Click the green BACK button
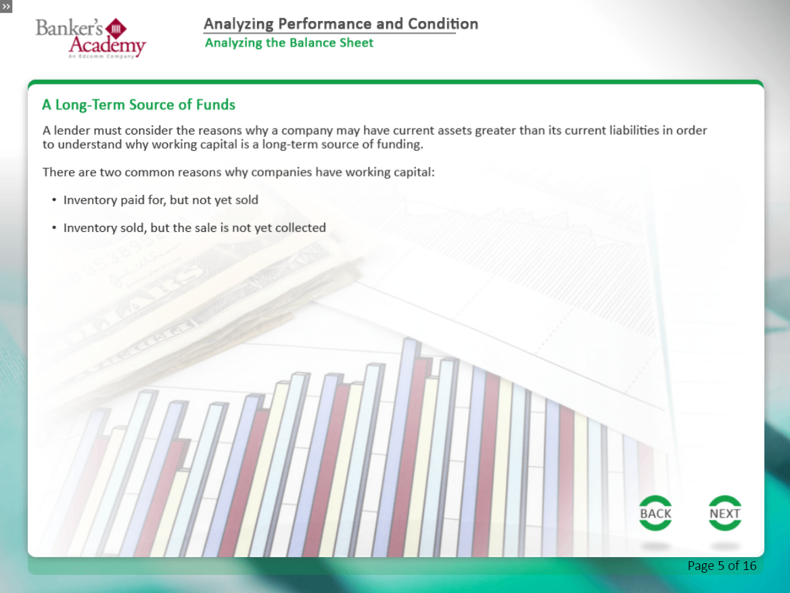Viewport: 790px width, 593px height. (655, 513)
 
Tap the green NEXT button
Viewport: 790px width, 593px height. (724, 513)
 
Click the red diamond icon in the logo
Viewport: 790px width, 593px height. (116, 28)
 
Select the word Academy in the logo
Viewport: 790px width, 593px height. (108, 45)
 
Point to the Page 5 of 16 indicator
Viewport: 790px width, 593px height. (722, 566)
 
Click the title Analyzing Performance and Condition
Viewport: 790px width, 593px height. (341, 24)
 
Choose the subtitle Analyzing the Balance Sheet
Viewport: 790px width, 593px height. (289, 43)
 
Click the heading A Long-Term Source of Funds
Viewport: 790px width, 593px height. (139, 104)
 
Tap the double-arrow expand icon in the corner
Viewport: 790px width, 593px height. (6, 7)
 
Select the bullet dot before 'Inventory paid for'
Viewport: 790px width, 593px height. (54, 200)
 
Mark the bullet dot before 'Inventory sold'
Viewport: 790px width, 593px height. (54, 228)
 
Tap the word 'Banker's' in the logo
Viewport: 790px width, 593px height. (69, 28)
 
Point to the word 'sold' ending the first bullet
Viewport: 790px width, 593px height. (246, 200)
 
